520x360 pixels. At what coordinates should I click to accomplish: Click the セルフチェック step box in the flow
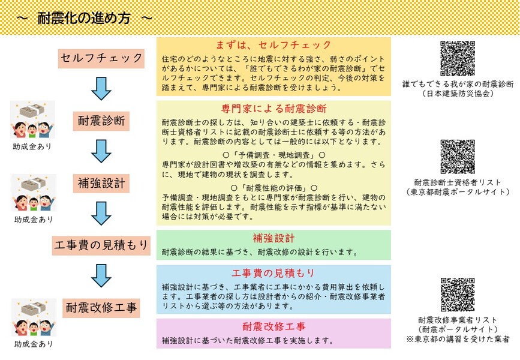click(101, 59)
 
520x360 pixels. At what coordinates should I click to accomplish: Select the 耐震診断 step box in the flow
click(101, 121)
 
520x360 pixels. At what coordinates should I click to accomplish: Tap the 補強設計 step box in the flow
click(101, 183)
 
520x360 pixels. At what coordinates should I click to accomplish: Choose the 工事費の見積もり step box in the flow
click(101, 245)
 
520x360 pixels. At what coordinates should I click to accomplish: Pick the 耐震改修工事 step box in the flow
click(101, 308)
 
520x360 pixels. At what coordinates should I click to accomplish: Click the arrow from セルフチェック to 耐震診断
click(101, 89)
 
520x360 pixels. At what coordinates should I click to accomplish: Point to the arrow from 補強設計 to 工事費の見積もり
click(101, 214)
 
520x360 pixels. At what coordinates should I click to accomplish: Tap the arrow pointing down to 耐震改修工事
click(101, 276)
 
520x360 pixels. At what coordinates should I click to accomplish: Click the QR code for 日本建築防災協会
click(458, 58)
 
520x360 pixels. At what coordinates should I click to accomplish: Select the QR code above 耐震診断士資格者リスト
click(458, 157)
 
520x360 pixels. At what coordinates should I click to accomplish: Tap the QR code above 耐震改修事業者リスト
click(458, 295)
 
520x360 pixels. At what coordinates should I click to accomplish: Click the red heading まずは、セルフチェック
click(273, 45)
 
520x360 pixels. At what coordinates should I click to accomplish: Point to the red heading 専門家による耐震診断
click(274, 109)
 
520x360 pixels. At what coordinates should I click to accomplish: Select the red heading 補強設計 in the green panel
click(273, 238)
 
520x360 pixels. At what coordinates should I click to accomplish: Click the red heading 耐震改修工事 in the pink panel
click(274, 326)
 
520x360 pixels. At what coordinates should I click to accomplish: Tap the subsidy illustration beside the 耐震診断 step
click(32, 119)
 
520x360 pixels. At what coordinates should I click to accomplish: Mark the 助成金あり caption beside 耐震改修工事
click(34, 344)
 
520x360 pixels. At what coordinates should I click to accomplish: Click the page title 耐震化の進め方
click(84, 18)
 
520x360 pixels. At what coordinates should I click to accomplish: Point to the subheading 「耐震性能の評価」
click(273, 188)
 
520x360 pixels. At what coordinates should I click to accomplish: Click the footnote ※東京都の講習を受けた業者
click(458, 339)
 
